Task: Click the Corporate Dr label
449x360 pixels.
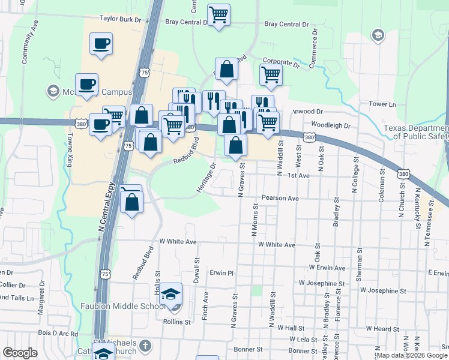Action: pos(280,62)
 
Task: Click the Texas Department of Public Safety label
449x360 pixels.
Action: pos(417,132)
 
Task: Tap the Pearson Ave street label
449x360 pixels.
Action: pos(280,198)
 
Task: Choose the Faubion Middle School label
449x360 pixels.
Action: pos(122,306)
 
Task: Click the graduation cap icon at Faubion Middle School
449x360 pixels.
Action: pos(172,294)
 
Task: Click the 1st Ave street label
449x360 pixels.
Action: pos(298,176)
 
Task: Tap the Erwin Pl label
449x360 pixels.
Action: pos(220,272)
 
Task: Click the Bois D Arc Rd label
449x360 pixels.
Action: pos(58,334)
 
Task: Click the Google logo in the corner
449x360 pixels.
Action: pos(20,353)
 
